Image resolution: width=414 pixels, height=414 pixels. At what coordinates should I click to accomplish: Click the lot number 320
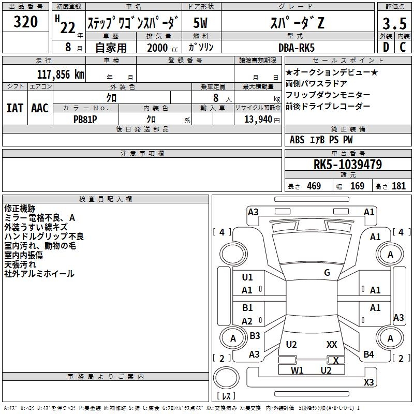(26, 22)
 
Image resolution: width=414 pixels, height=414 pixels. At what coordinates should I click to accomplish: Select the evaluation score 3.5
(394, 24)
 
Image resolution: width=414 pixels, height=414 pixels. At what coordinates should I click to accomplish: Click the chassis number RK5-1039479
(348, 165)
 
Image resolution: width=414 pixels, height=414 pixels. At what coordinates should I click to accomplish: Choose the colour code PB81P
(86, 118)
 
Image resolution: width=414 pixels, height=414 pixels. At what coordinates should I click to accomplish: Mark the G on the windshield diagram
(327, 273)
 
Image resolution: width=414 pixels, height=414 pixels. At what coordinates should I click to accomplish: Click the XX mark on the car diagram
(332, 344)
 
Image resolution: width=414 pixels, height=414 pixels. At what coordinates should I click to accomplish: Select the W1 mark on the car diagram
(297, 370)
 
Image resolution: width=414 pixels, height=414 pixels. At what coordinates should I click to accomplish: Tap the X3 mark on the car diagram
(369, 382)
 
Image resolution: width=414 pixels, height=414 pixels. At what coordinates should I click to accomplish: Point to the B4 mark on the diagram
(368, 354)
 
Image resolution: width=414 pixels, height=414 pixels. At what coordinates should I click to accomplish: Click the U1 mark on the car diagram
(247, 277)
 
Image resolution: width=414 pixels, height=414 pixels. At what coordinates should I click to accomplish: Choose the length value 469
(314, 186)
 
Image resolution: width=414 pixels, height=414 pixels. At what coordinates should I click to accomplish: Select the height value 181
(399, 186)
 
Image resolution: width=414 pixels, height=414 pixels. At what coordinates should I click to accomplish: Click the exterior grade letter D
(386, 47)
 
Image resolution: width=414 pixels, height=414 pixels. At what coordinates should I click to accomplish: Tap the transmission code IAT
(14, 108)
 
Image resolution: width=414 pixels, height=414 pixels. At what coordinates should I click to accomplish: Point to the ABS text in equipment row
(297, 140)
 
